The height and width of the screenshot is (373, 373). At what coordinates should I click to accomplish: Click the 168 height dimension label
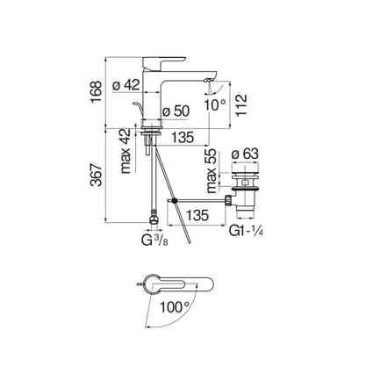[96, 91]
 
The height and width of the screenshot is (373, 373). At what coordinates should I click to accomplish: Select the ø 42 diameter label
[126, 85]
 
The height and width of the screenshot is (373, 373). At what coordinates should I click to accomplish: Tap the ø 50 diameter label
[176, 111]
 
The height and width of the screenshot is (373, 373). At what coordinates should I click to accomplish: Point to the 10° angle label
[215, 104]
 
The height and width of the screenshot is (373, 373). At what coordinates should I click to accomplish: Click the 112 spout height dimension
[241, 105]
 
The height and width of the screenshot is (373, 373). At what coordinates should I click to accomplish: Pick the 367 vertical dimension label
[96, 175]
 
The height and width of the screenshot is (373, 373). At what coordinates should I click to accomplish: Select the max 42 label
[126, 151]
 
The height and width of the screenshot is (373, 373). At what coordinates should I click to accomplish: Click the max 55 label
[212, 171]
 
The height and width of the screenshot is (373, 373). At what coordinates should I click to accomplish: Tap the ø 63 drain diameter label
[245, 154]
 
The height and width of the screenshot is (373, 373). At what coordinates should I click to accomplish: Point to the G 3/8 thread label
[155, 240]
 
